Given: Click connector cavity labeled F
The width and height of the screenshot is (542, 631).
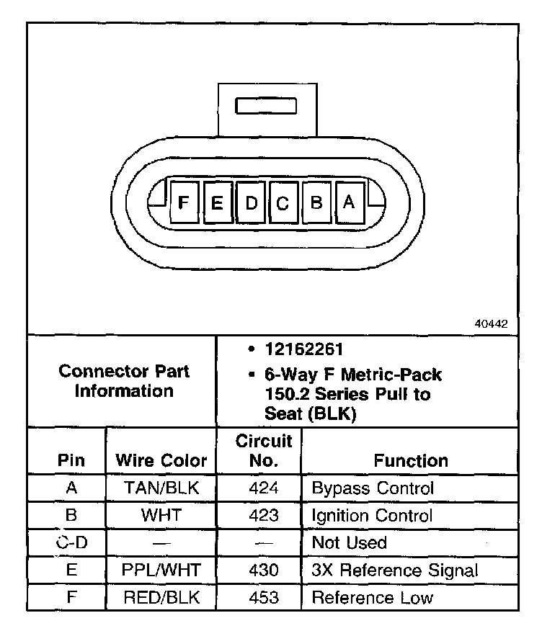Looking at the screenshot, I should pyautogui.click(x=184, y=203).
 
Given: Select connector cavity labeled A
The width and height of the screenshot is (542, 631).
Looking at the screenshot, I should pyautogui.click(x=349, y=203).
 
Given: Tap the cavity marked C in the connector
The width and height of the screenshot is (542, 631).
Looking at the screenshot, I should pyautogui.click(x=283, y=203).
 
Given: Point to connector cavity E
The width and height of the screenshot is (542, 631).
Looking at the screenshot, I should pyautogui.click(x=217, y=203).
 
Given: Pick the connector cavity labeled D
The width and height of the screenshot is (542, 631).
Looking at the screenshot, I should pyautogui.click(x=251, y=203).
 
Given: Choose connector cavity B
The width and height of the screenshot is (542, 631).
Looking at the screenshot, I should pyautogui.click(x=316, y=203).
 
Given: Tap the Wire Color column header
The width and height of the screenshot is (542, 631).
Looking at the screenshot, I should pyautogui.click(x=161, y=460).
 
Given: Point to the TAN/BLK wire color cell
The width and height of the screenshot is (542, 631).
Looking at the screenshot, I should pyautogui.click(x=161, y=488).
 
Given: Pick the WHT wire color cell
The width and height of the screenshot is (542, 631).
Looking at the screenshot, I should pyautogui.click(x=161, y=516).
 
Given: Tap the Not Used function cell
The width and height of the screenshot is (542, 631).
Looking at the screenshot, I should pyautogui.click(x=349, y=542).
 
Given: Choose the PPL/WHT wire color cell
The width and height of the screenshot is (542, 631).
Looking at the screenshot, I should pyautogui.click(x=161, y=570).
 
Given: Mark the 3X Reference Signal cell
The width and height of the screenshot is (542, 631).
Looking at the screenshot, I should pyautogui.click(x=394, y=570).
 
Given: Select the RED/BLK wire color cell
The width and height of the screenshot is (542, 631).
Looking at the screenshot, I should pyautogui.click(x=161, y=597).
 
